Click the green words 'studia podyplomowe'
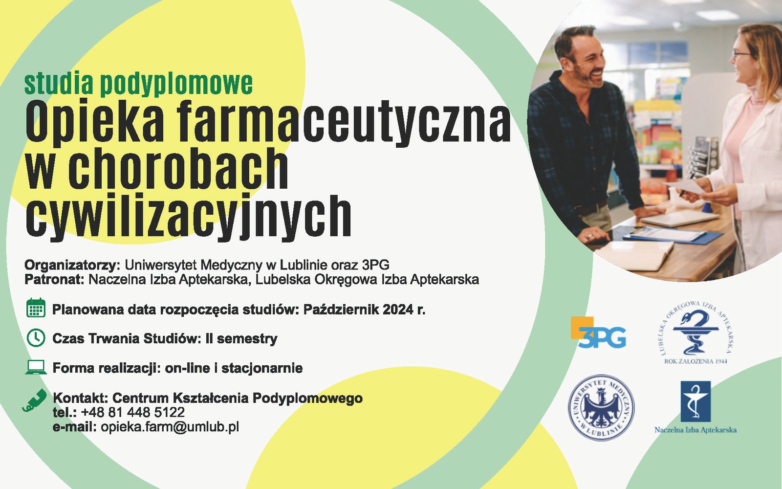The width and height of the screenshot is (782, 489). [139, 84]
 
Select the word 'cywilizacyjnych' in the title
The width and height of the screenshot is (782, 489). [189, 216]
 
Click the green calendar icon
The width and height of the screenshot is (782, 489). [36, 308]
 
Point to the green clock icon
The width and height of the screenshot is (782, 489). [36, 338]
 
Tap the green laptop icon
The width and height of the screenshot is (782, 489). [36, 367]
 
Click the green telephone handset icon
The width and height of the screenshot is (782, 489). [34, 400]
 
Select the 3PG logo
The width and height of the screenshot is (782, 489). [598, 333]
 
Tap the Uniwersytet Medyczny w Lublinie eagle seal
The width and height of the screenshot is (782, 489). [601, 408]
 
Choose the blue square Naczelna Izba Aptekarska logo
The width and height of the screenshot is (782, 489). [695, 401]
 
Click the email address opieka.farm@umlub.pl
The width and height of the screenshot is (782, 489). [170, 427]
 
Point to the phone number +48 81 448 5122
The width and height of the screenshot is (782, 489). [132, 413]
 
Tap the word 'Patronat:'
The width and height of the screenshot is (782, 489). [54, 279]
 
